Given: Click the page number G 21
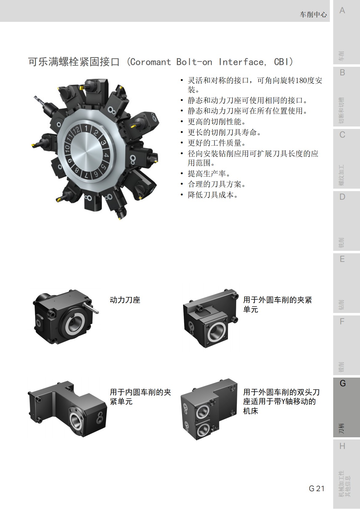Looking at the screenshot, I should click(316, 488).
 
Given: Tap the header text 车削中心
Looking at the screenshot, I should click(313, 14).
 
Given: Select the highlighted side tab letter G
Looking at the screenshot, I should click(342, 383).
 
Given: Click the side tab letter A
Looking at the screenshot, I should click(342, 11).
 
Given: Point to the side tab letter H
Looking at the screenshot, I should click(342, 446).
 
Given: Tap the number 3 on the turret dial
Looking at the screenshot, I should click(103, 143).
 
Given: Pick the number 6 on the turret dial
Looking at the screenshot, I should click(96, 174).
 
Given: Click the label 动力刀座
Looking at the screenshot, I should click(125, 300).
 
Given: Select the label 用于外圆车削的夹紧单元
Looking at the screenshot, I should click(277, 304).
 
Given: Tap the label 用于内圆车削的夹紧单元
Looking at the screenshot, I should click(140, 397).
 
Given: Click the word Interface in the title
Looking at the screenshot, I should click(241, 62).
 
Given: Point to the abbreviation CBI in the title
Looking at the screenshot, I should click(281, 62).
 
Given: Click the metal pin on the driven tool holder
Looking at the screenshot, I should click(91, 308).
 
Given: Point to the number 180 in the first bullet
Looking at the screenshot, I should click(301, 81).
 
